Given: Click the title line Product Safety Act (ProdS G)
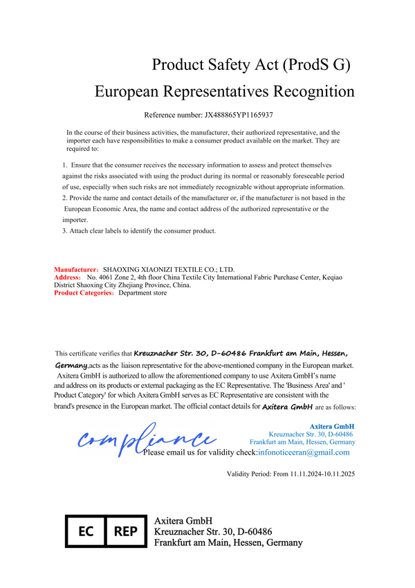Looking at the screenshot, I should click(251, 65).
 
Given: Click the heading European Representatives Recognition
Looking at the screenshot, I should click(224, 91).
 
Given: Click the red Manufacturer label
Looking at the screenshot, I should click(77, 270).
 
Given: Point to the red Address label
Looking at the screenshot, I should click(67, 277).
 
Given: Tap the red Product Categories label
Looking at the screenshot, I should click(84, 293).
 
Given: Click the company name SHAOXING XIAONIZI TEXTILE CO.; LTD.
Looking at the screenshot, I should click(169, 270).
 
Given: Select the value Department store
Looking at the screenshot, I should click(142, 293).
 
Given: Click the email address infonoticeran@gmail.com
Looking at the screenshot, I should click(303, 452).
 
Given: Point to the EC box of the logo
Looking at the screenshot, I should click(86, 532).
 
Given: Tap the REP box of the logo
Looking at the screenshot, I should click(125, 532).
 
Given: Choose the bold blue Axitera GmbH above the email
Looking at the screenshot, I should click(332, 426).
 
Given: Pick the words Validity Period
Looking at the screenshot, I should click(250, 474).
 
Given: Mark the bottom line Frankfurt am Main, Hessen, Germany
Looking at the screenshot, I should click(228, 544).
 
